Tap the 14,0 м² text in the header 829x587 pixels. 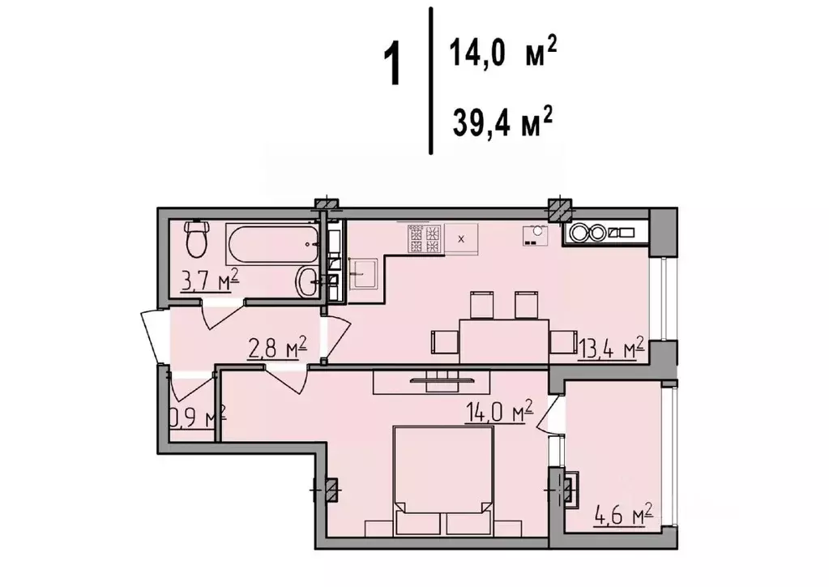tap(502, 55)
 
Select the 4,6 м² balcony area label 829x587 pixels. tap(622, 513)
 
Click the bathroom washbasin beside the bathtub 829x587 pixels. tap(310, 282)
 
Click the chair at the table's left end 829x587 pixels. tap(444, 341)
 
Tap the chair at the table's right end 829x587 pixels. tap(562, 342)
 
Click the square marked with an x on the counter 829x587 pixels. tap(462, 238)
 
